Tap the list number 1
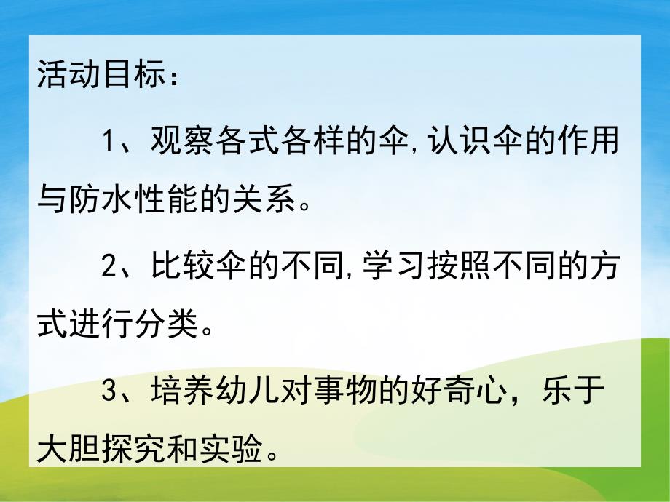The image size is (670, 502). click(x=109, y=140)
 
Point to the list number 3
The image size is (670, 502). click(x=109, y=394)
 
